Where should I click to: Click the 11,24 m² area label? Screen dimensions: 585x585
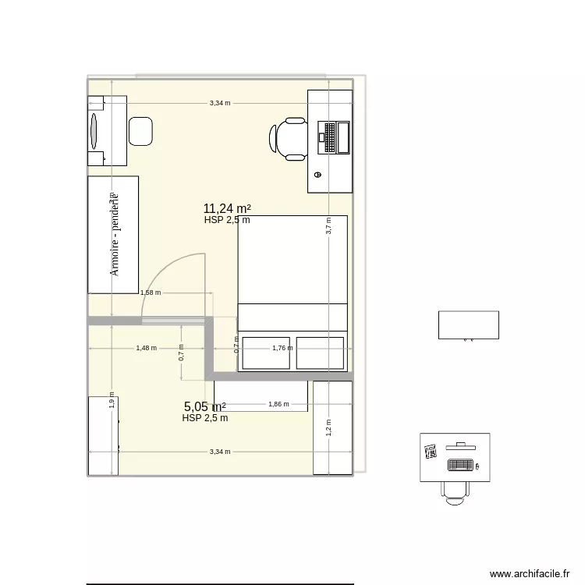click(227, 208)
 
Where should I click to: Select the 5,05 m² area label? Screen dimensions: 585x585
click(205, 406)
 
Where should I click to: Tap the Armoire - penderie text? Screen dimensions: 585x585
click(114, 235)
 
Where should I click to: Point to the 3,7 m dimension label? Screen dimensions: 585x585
click(329, 225)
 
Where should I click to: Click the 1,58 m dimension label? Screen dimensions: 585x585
click(150, 293)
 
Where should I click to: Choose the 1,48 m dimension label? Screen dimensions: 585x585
click(146, 349)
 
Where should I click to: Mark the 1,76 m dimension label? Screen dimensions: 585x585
click(282, 349)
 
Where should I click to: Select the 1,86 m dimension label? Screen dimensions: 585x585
click(278, 404)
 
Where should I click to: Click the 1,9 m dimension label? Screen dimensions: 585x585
click(112, 401)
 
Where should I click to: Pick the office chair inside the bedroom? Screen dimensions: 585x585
click(289, 138)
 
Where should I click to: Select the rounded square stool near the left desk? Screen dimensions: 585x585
click(140, 130)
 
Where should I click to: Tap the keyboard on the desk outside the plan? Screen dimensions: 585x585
click(460, 466)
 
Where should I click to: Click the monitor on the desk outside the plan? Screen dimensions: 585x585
click(460, 446)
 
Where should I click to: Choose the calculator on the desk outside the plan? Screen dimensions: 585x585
click(430, 452)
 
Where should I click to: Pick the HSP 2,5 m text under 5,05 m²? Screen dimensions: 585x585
click(205, 418)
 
